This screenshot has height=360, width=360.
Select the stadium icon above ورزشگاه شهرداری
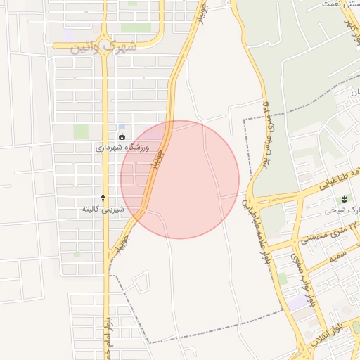click(122, 136)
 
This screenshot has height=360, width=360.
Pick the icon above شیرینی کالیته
click(103, 198)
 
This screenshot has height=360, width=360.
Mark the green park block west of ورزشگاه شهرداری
click(82, 131)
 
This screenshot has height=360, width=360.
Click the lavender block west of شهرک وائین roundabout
click(69, 34)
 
